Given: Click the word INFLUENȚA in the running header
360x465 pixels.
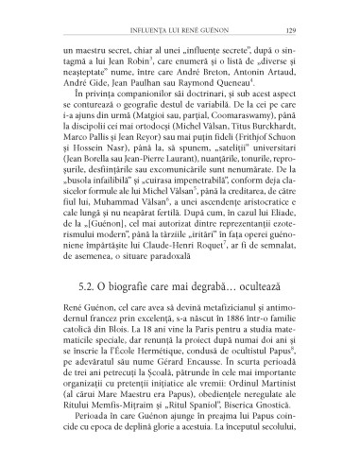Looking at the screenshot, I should pyautogui.click(x=144, y=27).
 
